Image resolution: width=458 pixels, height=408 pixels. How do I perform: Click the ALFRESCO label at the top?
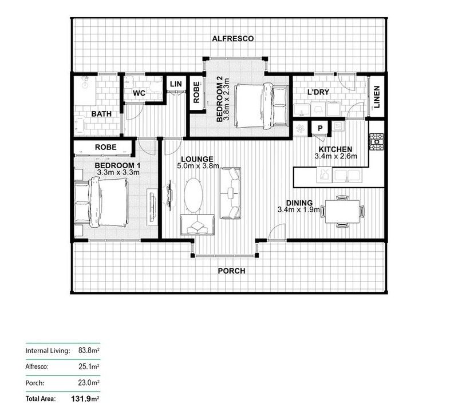click(x=233, y=39)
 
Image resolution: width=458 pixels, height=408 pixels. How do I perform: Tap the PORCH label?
click(x=231, y=271)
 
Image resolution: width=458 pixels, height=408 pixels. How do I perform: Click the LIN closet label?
click(x=175, y=84)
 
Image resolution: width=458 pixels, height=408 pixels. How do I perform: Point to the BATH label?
click(x=101, y=114)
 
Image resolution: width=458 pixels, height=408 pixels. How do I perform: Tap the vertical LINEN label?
click(x=376, y=96)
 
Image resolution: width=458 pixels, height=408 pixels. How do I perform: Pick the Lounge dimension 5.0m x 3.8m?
click(x=198, y=167)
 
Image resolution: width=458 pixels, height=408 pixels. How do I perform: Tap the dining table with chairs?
click(x=342, y=210)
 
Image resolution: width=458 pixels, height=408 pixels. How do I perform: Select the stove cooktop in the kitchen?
click(x=376, y=142)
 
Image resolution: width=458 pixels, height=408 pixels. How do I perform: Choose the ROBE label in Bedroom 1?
click(x=106, y=147)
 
